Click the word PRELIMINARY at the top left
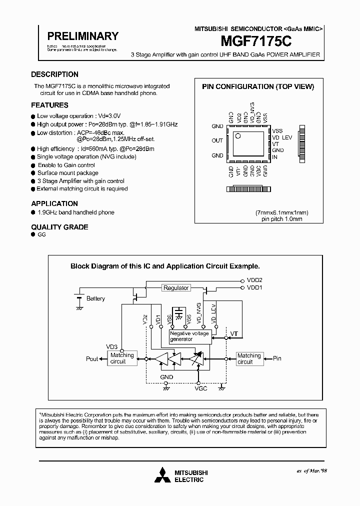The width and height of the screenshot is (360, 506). tap(82, 36)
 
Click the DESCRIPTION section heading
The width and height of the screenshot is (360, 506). tap(54, 74)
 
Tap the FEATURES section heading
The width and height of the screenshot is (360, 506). tap(49, 105)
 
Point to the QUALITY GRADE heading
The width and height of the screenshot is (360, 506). tap(59, 227)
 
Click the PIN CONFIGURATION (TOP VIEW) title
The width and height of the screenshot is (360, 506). tap(257, 86)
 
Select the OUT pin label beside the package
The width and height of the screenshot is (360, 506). tap(217, 140)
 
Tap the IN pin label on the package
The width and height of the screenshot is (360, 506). tap(274, 157)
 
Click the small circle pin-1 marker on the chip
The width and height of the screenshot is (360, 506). tap(238, 135)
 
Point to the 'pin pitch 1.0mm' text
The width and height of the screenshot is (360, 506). tap(282, 219)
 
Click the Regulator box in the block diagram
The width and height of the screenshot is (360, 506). tap(176, 288)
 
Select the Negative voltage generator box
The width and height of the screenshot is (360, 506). tap(189, 336)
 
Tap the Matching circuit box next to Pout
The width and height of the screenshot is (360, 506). tap(122, 358)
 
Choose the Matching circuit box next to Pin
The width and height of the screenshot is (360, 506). tap(249, 358)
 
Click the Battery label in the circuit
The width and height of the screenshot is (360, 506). tap(95, 298)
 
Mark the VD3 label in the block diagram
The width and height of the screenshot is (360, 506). tap(112, 346)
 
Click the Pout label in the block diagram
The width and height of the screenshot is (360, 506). tap(92, 359)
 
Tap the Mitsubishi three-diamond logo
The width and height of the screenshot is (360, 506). tap(162, 475)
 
